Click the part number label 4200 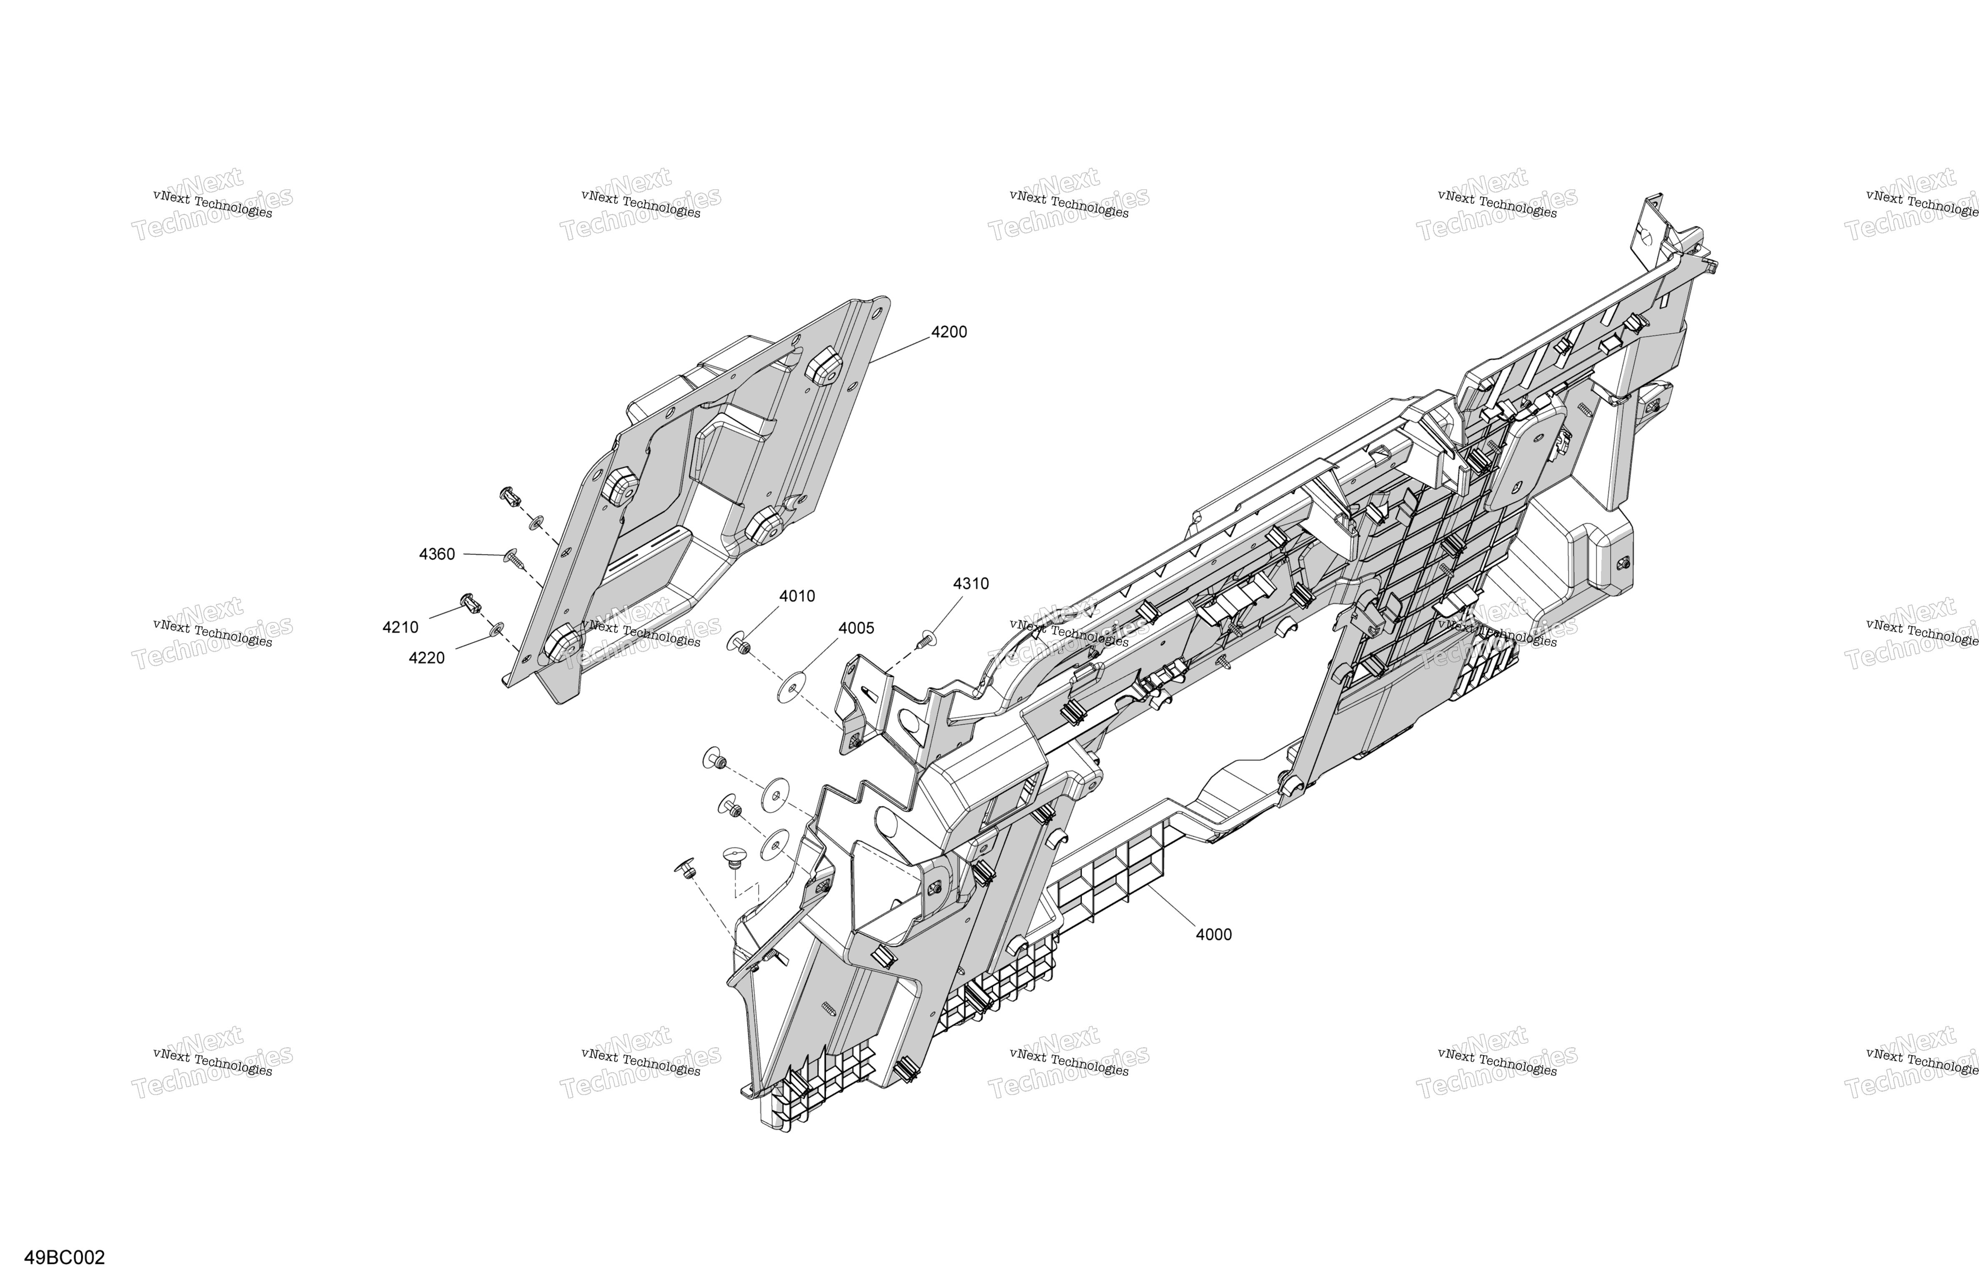(949, 332)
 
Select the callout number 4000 (1214, 934)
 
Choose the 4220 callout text (426, 658)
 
